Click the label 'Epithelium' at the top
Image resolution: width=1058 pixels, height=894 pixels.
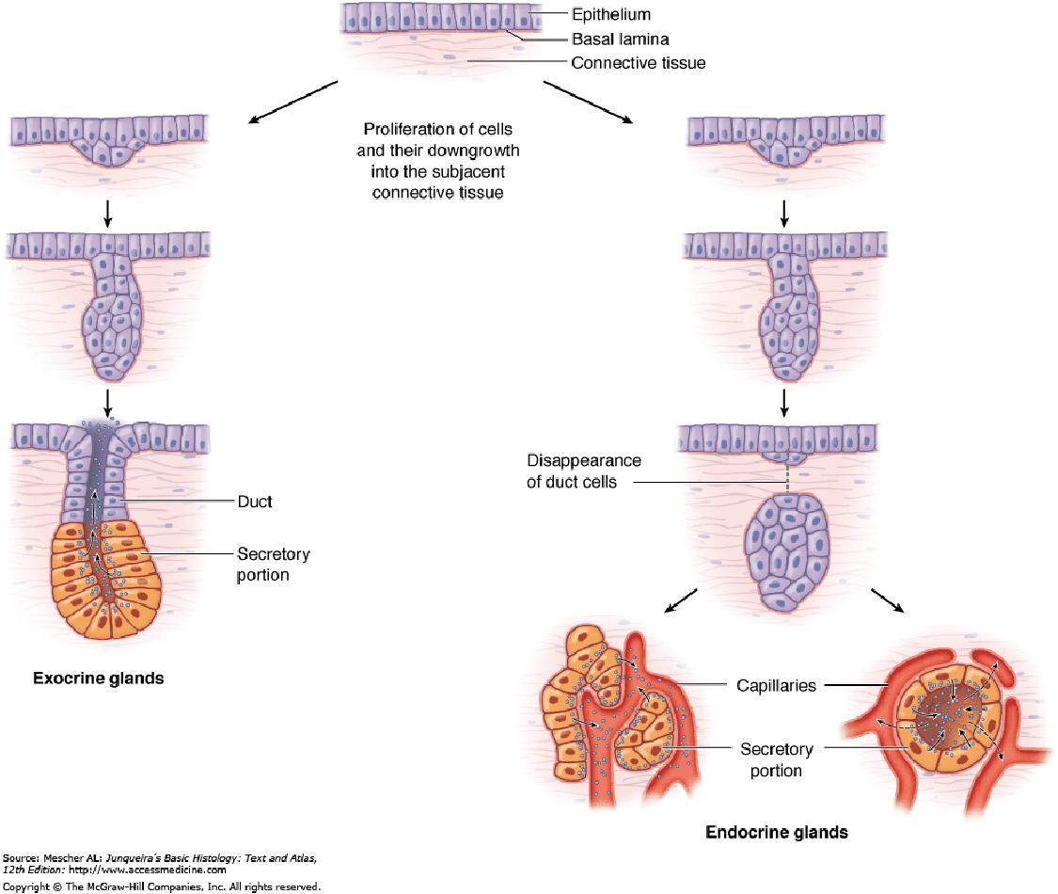(611, 15)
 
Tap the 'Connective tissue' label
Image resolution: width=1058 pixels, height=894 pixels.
(638, 63)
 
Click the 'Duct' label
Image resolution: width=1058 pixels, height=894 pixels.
(255, 502)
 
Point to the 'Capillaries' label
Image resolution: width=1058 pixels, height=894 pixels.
(776, 686)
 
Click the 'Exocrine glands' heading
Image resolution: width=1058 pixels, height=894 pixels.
(99, 678)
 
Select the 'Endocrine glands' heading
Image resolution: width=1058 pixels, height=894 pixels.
(777, 832)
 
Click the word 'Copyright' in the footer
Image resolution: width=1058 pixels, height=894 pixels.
(24, 886)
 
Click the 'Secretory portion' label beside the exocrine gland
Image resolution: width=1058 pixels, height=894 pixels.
(273, 564)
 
